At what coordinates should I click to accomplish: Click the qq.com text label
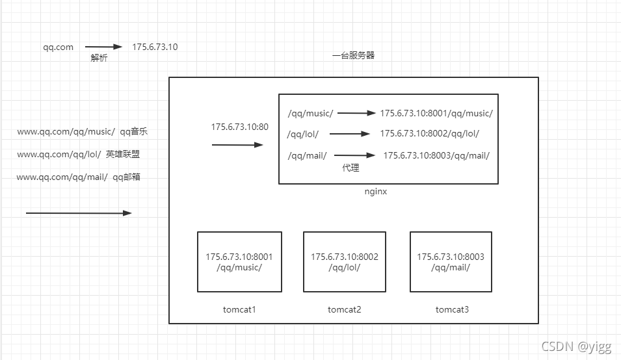pos(59,47)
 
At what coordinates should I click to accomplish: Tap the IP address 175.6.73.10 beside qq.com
pos(155,47)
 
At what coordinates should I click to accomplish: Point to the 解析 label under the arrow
pos(99,58)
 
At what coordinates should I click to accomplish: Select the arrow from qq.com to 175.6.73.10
pos(104,47)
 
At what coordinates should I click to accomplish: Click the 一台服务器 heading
pos(353,55)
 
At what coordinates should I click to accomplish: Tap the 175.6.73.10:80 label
pos(239,127)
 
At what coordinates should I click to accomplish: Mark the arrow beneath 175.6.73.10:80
pos(237,145)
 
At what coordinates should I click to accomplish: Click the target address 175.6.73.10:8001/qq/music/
pos(436,114)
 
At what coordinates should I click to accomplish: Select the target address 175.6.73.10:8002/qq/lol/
pos(430,134)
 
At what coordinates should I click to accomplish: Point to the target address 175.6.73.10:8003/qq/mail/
pos(436,155)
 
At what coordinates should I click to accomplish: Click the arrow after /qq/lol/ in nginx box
pos(350,134)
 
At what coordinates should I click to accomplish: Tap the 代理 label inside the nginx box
pos(351,168)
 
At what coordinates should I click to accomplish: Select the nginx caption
pos(376,192)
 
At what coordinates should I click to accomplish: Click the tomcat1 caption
pos(239,309)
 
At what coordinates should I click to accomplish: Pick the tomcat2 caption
pos(345,309)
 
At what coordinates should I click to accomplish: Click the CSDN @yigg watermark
pos(576,346)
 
